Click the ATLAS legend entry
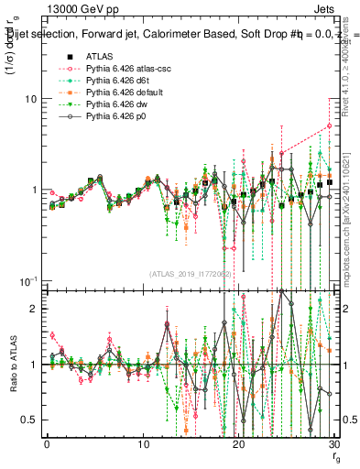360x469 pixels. click(99, 56)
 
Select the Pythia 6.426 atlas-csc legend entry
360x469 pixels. click(124, 69)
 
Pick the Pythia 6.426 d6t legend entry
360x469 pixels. click(115, 81)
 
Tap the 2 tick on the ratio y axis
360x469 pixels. click(34, 309)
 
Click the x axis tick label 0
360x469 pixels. click(47, 443)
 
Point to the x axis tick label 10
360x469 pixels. click(143, 443)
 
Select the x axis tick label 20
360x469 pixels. click(239, 443)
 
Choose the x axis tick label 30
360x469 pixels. click(334, 443)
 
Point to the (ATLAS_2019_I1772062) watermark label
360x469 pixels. click(189, 273)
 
